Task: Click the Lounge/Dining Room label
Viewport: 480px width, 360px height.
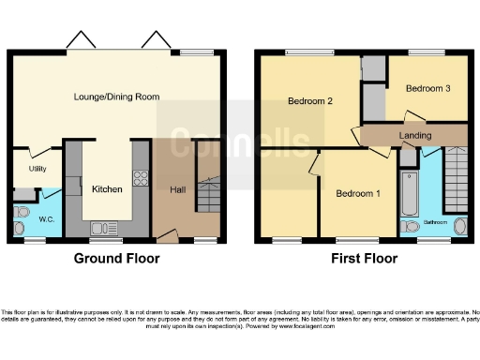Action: [117, 97]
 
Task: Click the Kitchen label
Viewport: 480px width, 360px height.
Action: [107, 189]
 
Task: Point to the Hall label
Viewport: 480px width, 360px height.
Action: [177, 189]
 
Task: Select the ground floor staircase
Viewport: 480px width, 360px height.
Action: [208, 192]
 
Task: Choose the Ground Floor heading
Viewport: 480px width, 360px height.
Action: [117, 258]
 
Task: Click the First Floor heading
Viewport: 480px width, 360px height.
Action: [361, 258]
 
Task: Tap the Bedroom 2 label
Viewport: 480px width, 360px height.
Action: [311, 100]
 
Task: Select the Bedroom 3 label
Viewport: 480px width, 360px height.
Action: [427, 88]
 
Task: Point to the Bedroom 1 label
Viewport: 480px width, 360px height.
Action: [358, 194]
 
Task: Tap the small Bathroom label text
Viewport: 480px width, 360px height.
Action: [434, 222]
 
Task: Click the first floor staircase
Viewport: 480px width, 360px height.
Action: [455, 179]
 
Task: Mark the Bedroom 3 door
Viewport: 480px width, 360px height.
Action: [409, 118]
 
